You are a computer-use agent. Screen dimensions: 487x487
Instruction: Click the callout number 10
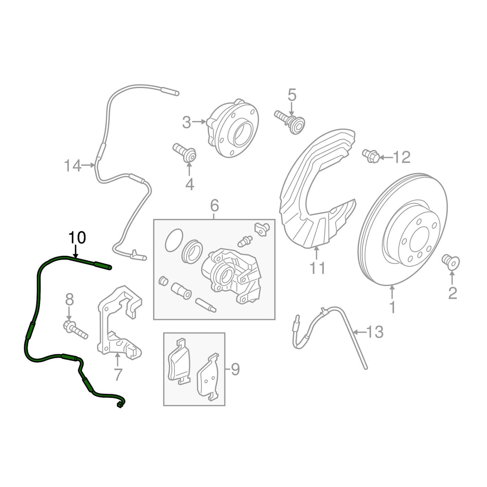click(x=77, y=238)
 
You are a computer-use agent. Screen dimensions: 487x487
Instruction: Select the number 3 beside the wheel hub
click(x=186, y=122)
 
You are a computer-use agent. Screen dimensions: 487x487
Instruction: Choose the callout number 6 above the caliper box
click(x=214, y=206)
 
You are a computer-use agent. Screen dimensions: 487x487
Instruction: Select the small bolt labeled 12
click(x=371, y=156)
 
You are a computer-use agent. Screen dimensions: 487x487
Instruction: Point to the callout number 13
click(x=375, y=333)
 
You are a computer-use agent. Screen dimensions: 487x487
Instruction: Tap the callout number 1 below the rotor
click(x=392, y=307)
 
